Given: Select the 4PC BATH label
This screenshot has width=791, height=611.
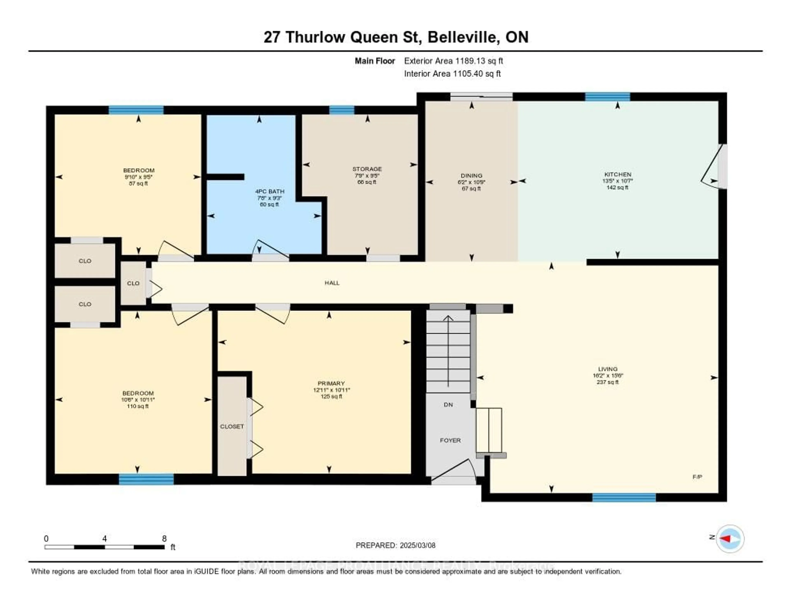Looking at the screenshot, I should [x=269, y=191].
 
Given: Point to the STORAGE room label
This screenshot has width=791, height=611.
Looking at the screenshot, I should [x=367, y=169].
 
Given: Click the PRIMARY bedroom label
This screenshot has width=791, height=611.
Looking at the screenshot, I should [x=331, y=383].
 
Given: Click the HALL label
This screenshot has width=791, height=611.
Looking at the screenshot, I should [x=332, y=283].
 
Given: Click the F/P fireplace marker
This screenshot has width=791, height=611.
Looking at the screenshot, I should [x=697, y=477].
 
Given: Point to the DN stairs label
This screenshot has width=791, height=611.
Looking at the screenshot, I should [x=448, y=405].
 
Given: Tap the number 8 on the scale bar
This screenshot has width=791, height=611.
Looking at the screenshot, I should [x=164, y=538].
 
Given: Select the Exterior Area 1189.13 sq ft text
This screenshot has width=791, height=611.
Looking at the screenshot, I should [x=453, y=61].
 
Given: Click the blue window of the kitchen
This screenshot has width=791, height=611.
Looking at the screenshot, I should [x=607, y=97].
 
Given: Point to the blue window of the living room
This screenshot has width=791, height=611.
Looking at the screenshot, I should [x=624, y=497].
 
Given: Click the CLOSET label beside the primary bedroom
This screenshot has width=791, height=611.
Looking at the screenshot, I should [x=232, y=426].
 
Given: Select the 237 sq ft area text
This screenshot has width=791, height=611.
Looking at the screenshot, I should [x=607, y=382].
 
